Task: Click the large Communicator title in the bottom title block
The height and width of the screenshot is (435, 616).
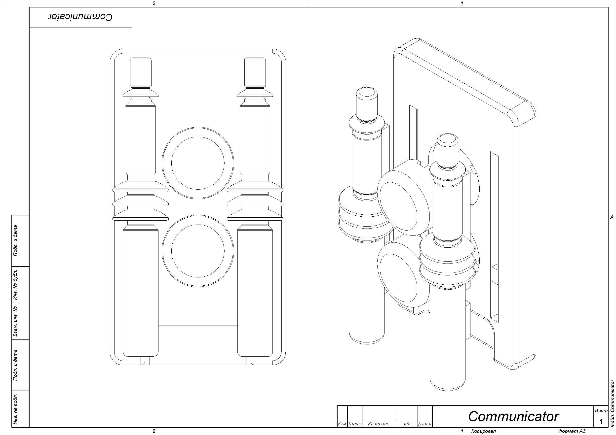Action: [x=513, y=416]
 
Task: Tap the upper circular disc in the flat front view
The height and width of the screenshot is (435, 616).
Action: [x=198, y=163]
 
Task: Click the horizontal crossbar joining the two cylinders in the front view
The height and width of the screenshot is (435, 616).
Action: [x=198, y=321]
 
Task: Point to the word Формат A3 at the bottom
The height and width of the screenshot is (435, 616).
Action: [x=572, y=431]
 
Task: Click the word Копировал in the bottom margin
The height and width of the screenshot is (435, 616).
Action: [x=483, y=431]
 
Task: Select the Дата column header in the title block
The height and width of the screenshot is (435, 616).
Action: [x=425, y=424]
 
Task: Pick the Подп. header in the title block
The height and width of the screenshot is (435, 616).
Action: [x=406, y=424]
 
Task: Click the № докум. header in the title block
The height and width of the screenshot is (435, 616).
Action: [x=379, y=424]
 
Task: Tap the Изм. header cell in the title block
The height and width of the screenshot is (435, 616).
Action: [x=342, y=424]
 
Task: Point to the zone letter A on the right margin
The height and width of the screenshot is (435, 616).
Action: [x=612, y=217]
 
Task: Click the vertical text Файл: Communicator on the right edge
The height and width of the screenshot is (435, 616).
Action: [x=612, y=405]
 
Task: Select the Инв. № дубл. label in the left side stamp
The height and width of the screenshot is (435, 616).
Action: [x=16, y=285]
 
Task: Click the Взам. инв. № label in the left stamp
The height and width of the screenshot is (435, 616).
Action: [x=16, y=321]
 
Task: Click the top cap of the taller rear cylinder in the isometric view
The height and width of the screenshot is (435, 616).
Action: [x=366, y=92]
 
